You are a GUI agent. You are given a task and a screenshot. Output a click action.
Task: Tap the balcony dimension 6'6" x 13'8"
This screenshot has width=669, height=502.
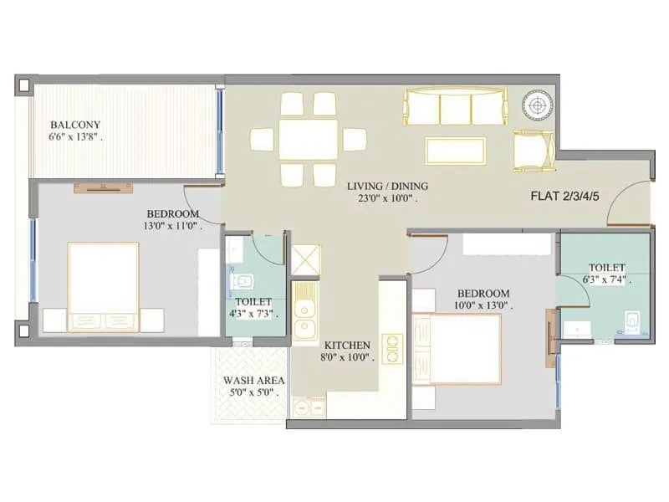pyautogui.click(x=76, y=139)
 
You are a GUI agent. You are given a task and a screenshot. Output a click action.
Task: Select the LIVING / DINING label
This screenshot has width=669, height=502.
pyautogui.click(x=388, y=186)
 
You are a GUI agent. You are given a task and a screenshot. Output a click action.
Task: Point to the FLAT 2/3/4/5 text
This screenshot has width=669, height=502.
pyautogui.click(x=566, y=197)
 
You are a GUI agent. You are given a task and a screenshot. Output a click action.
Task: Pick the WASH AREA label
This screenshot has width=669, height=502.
pyautogui.click(x=248, y=378)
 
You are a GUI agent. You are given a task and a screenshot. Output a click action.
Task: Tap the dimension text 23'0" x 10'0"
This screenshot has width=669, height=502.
pyautogui.click(x=383, y=200)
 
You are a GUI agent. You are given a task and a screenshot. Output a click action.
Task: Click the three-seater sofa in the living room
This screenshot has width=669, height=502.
pyautogui.click(x=456, y=108)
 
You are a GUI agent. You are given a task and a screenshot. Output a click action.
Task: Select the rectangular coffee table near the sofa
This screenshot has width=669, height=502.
pyautogui.click(x=456, y=151)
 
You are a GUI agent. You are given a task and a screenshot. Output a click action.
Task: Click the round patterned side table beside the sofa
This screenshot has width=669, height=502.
pyautogui.click(x=534, y=105)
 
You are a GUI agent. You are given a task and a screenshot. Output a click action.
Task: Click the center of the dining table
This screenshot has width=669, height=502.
pyautogui.click(x=309, y=139)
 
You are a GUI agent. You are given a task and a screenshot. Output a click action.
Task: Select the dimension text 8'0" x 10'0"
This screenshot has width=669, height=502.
pyautogui.click(x=349, y=358)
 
